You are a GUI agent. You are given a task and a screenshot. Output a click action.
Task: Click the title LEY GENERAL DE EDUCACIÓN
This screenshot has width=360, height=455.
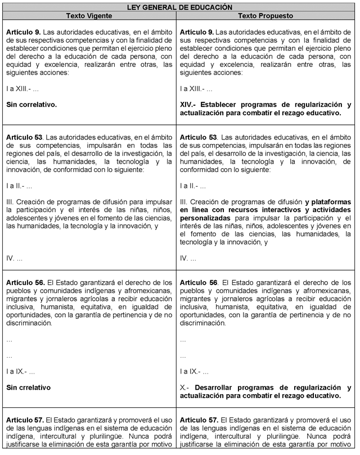(x=179, y=7)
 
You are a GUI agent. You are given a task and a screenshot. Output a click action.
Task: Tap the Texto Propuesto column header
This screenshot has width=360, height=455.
(x=266, y=15)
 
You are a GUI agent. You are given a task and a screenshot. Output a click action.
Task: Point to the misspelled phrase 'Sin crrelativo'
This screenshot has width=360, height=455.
(x=28, y=388)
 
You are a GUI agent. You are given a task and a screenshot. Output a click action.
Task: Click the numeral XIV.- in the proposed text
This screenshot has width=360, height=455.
(x=189, y=105)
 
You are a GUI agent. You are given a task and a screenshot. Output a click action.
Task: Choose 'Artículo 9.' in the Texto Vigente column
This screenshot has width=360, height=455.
(x=24, y=33)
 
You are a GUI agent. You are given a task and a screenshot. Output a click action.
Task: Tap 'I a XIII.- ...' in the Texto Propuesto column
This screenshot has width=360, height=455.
(x=196, y=89)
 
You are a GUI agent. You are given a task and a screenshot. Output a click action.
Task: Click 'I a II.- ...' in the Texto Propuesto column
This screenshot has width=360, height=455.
(x=192, y=186)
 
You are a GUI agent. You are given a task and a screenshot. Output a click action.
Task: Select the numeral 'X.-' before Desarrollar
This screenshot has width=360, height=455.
(x=185, y=388)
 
